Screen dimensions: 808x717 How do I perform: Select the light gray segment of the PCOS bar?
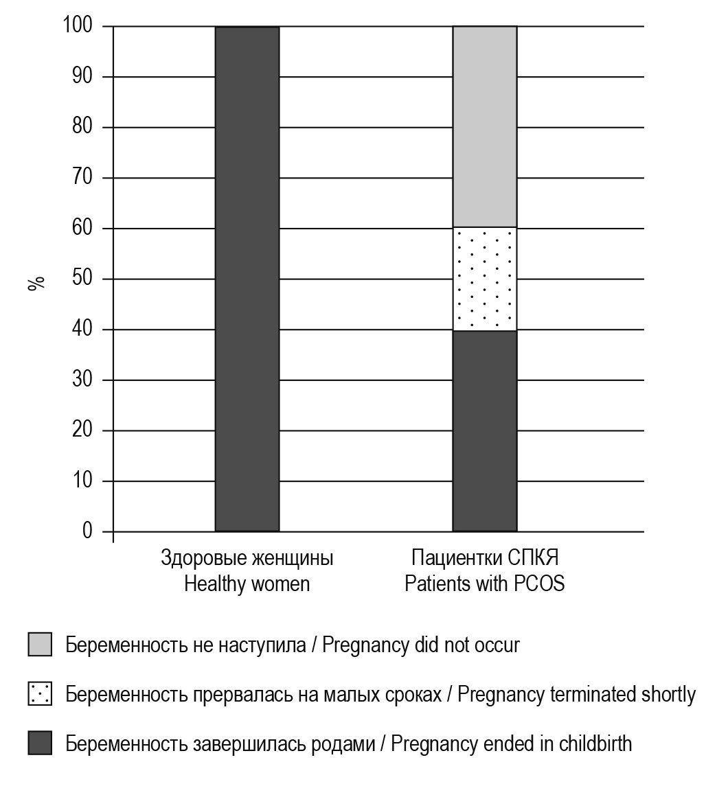pos(484,127)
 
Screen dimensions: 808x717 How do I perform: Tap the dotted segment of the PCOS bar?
pos(484,279)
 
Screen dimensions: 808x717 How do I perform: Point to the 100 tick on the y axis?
pos(77,26)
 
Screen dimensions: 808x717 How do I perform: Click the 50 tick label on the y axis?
pos(82,279)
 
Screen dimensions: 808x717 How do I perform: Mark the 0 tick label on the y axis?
pos(87,531)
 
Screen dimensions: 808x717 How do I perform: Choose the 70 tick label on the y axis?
pos(82,178)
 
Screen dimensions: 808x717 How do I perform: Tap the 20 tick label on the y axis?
pos(82,430)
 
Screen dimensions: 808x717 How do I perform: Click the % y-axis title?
pos(36,283)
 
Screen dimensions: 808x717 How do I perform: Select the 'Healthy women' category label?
pos(247,584)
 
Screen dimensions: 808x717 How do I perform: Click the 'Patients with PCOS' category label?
pos(484,584)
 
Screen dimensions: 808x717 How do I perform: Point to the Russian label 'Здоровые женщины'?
pos(247,558)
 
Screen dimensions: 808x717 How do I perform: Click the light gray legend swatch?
pos(40,645)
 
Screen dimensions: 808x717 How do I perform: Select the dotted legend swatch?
pos(40,694)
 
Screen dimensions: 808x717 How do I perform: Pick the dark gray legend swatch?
pos(40,743)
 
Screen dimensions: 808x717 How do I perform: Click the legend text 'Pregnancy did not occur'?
pos(420,645)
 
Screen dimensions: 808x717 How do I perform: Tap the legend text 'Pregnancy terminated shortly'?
pos(576,695)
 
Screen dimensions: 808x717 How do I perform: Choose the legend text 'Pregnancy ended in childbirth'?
pos(511,744)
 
